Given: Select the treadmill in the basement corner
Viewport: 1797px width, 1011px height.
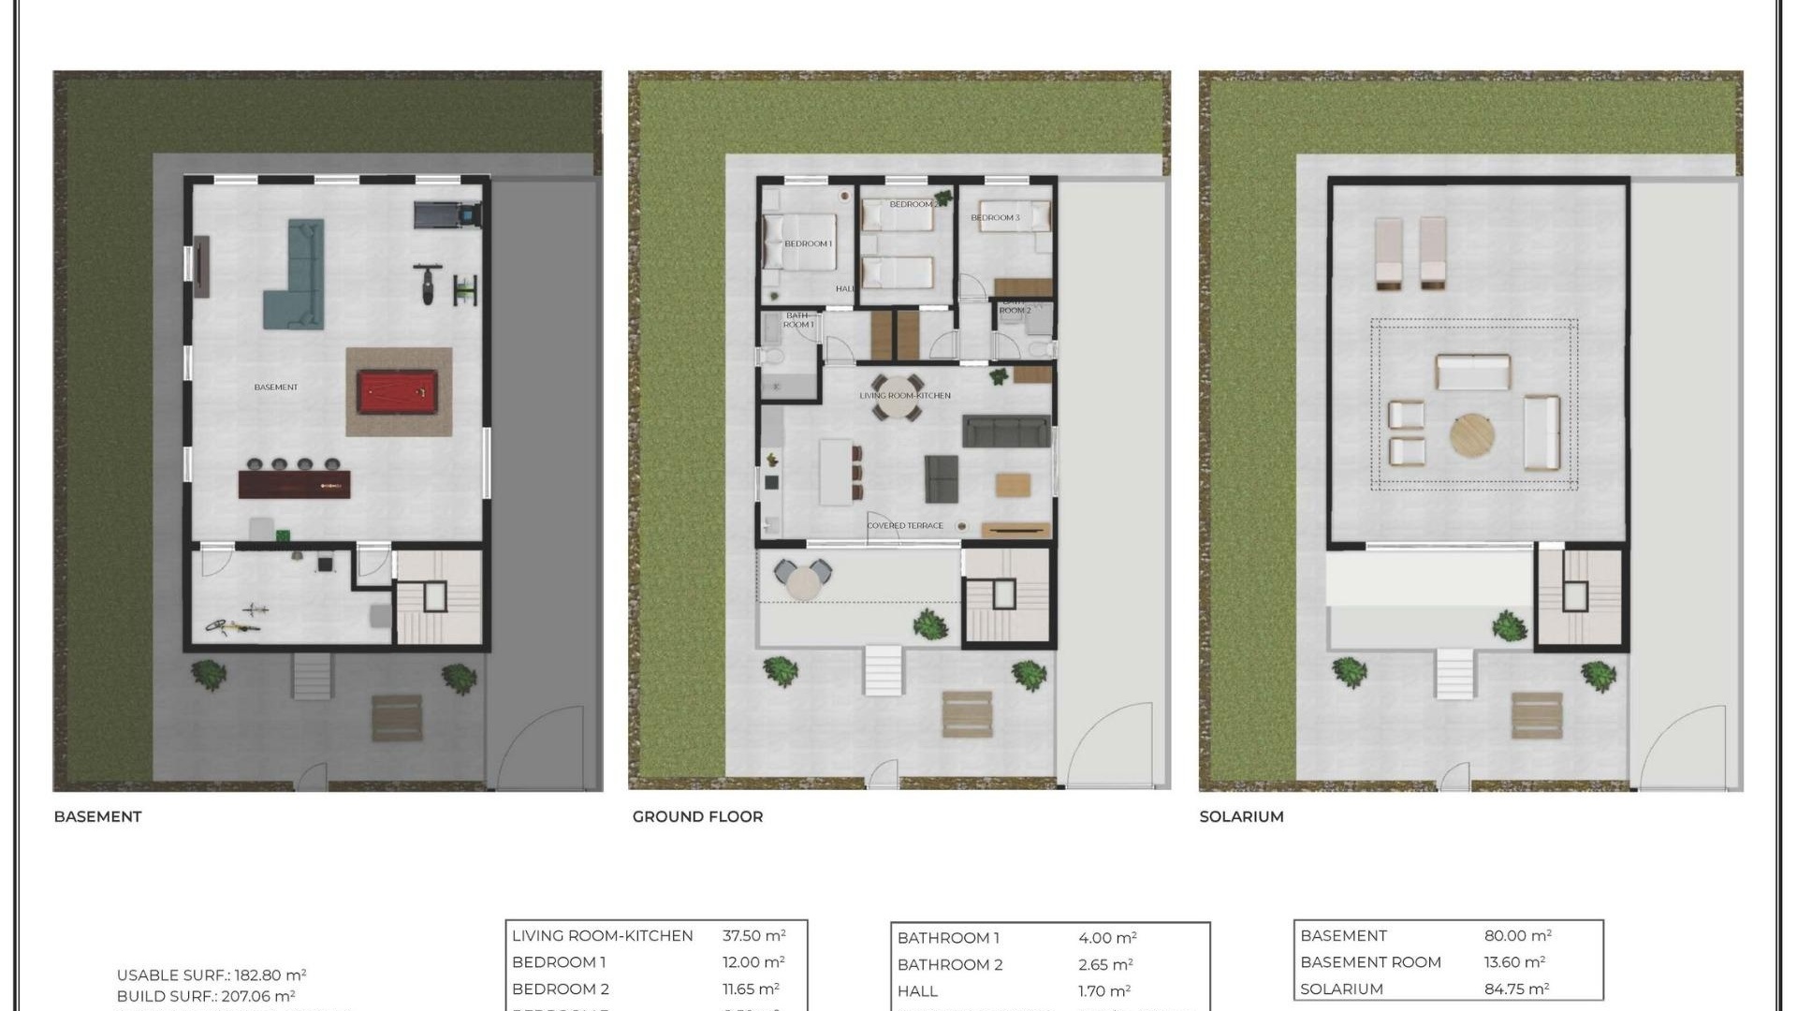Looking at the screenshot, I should [x=447, y=215].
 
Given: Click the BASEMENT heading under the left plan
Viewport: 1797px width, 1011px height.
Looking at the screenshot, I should [x=97, y=816].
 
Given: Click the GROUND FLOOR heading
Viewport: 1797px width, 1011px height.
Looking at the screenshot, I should [x=697, y=816].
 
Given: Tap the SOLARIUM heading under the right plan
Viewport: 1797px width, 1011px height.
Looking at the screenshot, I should [x=1241, y=816].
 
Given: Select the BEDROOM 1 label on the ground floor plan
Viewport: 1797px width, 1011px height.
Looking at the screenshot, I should [x=808, y=243].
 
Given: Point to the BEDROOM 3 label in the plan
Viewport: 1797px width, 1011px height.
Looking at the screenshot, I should [x=995, y=217].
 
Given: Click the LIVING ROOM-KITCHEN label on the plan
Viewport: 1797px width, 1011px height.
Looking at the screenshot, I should [x=905, y=395].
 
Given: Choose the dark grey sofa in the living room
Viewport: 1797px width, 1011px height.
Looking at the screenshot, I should [x=1006, y=431].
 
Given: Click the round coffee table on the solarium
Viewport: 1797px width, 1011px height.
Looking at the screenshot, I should [x=1472, y=436].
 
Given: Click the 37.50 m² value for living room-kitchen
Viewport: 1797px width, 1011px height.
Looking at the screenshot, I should [x=753, y=935].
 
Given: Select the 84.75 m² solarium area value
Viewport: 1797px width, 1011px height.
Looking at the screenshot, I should [x=1516, y=989].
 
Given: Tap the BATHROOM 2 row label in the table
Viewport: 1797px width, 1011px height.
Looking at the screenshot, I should [x=949, y=964].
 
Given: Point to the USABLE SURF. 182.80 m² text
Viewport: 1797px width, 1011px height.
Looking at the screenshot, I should [x=212, y=974].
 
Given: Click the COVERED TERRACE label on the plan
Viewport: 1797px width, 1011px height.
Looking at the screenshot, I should [x=905, y=525].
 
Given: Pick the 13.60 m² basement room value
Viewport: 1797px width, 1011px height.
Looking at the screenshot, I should [x=1513, y=961].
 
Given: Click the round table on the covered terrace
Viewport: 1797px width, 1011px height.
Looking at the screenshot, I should [x=803, y=583].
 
